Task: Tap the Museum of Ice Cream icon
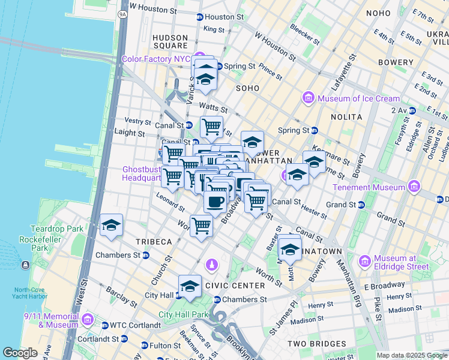(309, 98)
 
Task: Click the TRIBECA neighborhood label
(153, 241)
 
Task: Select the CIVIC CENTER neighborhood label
(235, 286)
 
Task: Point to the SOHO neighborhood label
(247, 88)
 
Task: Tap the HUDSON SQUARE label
(170, 41)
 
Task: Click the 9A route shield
(123, 13)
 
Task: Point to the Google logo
(20, 352)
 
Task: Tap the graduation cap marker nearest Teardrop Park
(111, 226)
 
